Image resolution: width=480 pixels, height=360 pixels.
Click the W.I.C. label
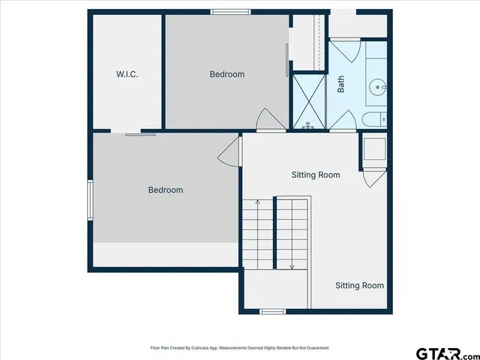(x=127, y=74)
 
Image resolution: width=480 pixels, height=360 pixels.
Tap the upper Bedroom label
(x=226, y=74)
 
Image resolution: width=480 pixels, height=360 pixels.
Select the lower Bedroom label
(x=165, y=190)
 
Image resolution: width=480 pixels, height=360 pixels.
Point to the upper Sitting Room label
(x=316, y=175)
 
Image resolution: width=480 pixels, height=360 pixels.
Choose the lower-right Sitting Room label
(x=359, y=285)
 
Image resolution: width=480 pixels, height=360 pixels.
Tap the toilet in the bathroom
(x=373, y=119)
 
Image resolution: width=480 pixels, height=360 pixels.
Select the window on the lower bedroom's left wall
(x=90, y=201)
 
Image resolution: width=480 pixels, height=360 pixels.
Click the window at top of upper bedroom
(x=230, y=12)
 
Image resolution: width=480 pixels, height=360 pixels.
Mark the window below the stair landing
(x=272, y=311)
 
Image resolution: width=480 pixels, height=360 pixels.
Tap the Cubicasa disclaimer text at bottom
(x=240, y=348)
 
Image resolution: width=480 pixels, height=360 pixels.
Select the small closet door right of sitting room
(x=372, y=178)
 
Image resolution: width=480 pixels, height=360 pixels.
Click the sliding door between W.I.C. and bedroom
(x=140, y=134)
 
